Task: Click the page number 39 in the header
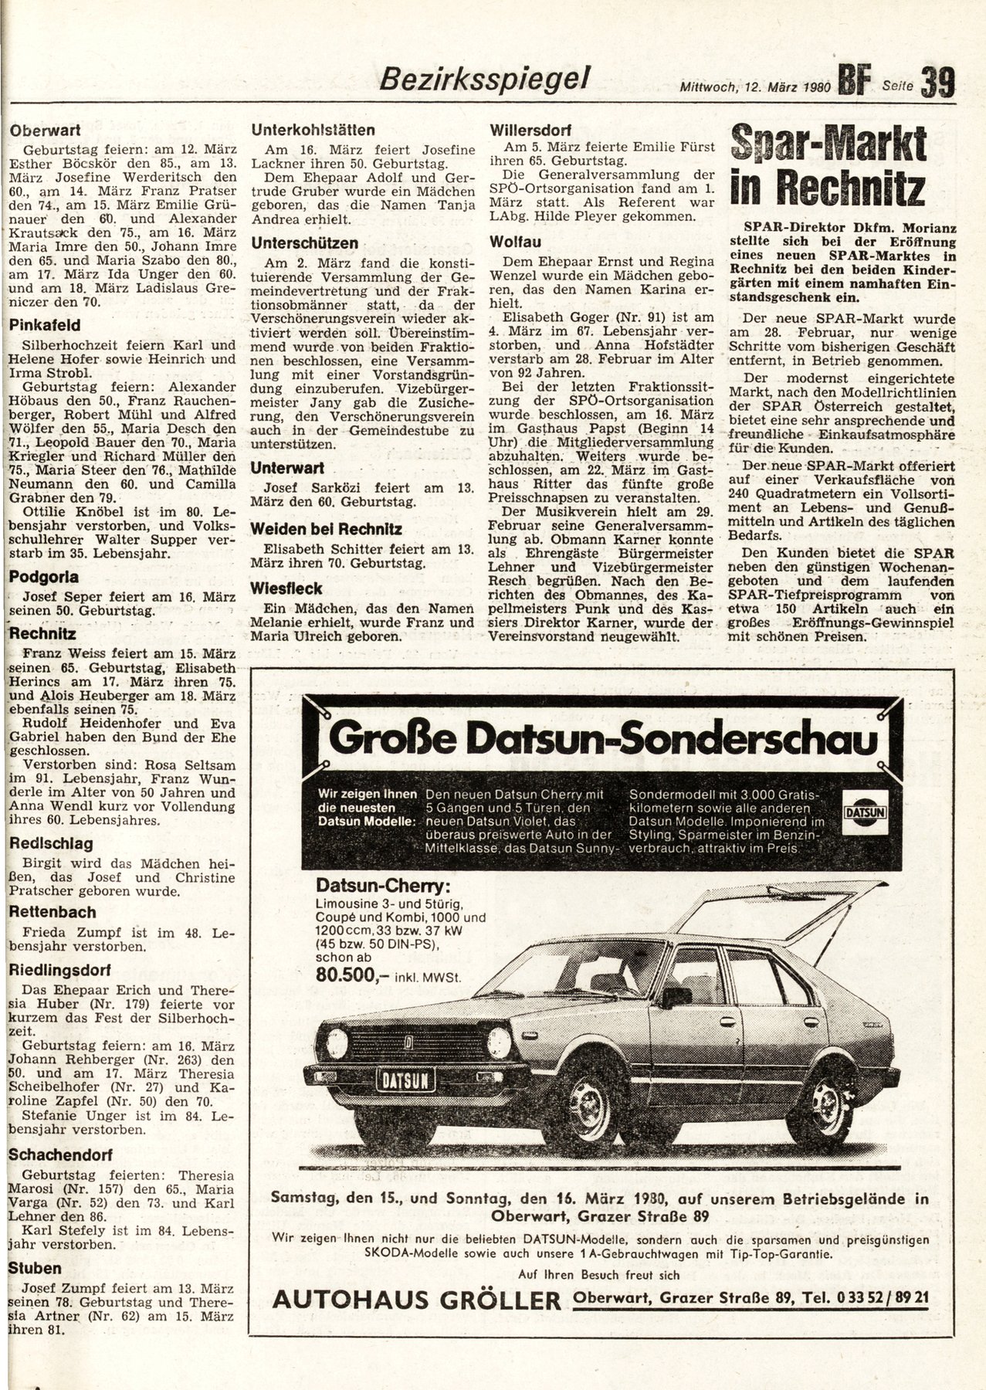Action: (937, 81)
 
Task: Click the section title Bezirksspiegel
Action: (486, 78)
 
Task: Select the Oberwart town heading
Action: (46, 131)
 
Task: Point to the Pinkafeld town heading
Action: (45, 325)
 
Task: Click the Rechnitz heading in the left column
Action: (42, 634)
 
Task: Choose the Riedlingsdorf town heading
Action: (60, 970)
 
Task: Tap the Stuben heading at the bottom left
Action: (35, 1268)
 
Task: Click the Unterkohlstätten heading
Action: (313, 130)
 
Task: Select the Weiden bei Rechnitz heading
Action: (326, 529)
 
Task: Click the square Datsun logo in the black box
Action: (864, 812)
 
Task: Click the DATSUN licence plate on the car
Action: (405, 1079)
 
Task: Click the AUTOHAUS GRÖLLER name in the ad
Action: (417, 1300)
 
